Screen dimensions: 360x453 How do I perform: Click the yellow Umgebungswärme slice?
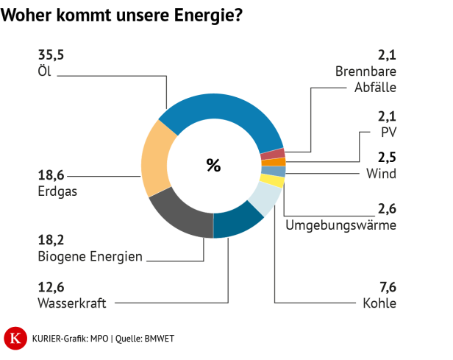pos(273,180)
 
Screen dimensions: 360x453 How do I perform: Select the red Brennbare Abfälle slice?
pos(272,154)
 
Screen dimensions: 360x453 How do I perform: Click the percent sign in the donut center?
pos(213,166)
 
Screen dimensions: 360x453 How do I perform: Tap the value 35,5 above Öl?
pos(51,56)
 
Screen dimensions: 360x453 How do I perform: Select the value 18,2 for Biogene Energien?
pos(51,241)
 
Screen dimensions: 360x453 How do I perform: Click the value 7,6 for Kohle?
pos(387,287)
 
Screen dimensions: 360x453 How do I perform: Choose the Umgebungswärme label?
pos(340,225)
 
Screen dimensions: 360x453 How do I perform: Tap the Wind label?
pos(381,174)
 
